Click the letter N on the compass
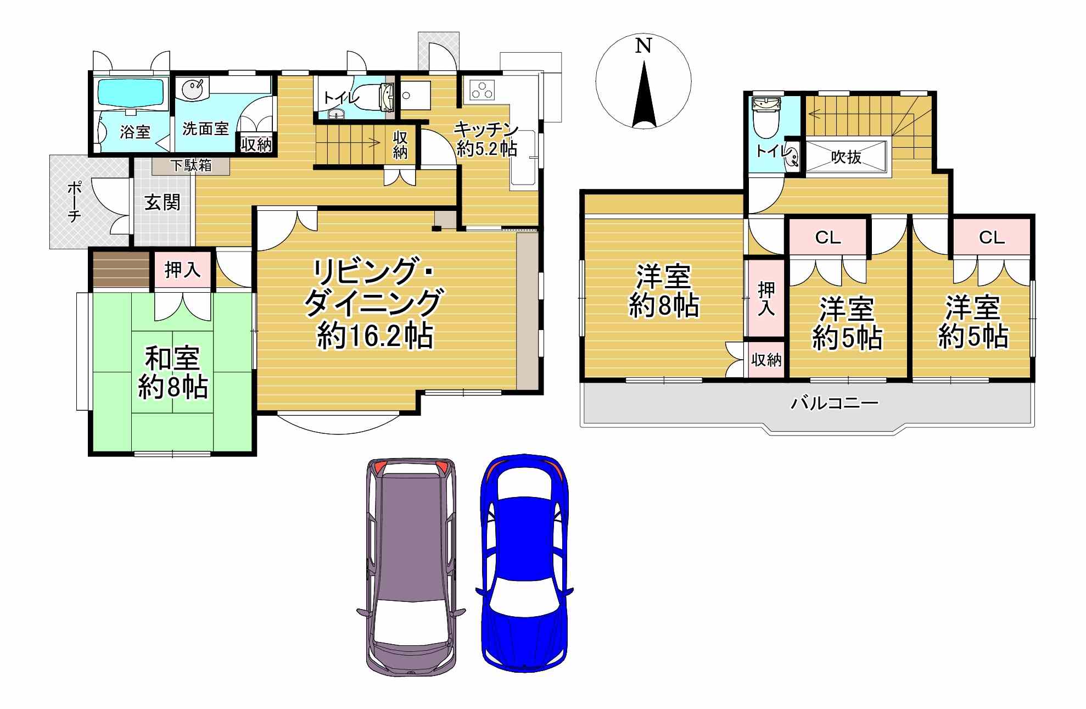pyautogui.click(x=643, y=45)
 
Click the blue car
pyautogui.click(x=524, y=563)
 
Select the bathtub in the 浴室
pyautogui.click(x=131, y=92)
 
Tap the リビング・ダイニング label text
pyautogui.click(x=373, y=287)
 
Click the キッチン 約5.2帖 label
pyautogui.click(x=486, y=139)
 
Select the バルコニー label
pyautogui.click(x=835, y=404)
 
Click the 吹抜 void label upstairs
pyautogui.click(x=846, y=158)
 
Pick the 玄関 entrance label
pyautogui.click(x=163, y=203)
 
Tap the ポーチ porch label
pyautogui.click(x=74, y=202)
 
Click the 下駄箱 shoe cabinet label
pyautogui.click(x=191, y=165)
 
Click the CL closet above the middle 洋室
pyautogui.click(x=827, y=237)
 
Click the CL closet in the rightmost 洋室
pyautogui.click(x=992, y=237)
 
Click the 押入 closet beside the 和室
pyautogui.click(x=182, y=270)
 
